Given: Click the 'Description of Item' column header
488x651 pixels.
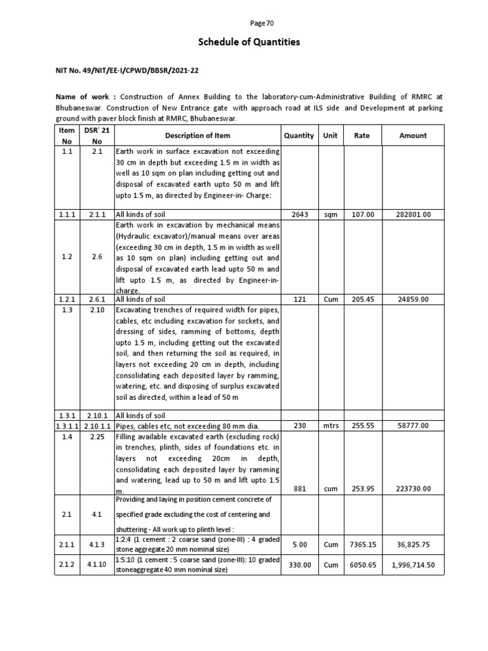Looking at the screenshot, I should click(x=198, y=135).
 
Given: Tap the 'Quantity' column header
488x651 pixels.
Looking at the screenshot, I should click(x=299, y=135).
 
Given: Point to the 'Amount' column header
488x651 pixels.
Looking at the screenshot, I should click(x=412, y=135).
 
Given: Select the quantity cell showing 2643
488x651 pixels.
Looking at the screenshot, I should click(x=299, y=215).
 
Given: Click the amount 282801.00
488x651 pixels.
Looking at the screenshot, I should click(x=412, y=215).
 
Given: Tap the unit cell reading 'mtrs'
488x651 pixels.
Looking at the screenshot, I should click(x=330, y=425).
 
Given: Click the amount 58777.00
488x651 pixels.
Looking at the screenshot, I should click(x=412, y=425).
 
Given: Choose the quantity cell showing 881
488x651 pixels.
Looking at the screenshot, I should click(x=299, y=488).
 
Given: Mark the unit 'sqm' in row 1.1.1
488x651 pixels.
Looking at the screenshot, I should click(x=330, y=215).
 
